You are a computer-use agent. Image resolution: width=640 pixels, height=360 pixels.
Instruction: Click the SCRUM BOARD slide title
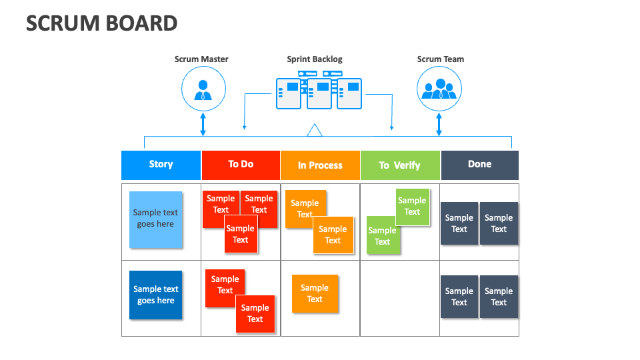tap(101, 23)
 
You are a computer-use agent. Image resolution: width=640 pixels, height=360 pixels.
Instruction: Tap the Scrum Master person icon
tap(203, 90)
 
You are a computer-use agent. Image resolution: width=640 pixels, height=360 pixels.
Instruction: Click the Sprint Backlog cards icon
tap(319, 94)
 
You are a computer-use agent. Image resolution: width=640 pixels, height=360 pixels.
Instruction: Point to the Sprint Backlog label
tap(315, 59)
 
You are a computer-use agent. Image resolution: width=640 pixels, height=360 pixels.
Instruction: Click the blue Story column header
tap(161, 165)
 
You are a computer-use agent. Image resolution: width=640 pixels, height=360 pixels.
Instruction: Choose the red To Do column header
tap(241, 165)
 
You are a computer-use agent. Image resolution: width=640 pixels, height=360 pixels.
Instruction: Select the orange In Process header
tap(320, 165)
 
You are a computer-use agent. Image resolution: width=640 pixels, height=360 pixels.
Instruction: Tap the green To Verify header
tap(399, 165)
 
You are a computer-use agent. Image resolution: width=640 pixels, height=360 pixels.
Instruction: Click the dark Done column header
tap(479, 165)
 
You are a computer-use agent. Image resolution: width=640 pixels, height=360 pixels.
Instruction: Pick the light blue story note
tap(155, 219)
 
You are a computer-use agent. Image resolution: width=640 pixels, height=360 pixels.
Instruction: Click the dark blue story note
tap(155, 295)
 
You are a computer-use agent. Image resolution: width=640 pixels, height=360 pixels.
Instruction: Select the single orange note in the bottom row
tap(315, 293)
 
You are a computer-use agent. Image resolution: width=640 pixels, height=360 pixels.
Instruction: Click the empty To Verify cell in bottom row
tap(400, 298)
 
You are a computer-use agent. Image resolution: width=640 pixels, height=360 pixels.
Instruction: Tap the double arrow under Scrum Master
tap(203, 124)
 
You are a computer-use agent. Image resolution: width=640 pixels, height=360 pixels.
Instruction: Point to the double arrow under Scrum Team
tap(439, 124)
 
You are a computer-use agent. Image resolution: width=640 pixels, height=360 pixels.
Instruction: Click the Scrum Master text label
tap(201, 59)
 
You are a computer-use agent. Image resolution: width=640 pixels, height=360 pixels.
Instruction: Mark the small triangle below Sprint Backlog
tap(315, 131)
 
